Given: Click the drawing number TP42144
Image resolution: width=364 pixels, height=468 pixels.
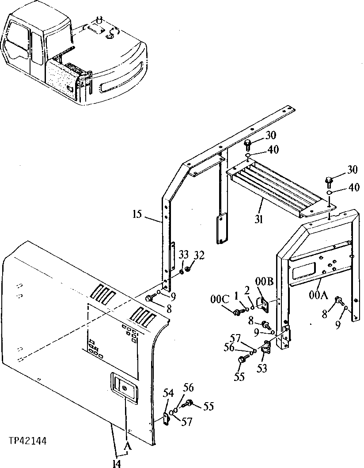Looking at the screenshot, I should pyautogui.click(x=27, y=441).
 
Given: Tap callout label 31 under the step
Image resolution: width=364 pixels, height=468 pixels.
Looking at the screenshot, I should pyautogui.click(x=258, y=219).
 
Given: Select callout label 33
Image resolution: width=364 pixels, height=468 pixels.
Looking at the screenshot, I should pyautogui.click(x=184, y=254).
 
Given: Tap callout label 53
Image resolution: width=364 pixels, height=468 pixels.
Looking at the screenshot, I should pyautogui.click(x=262, y=368).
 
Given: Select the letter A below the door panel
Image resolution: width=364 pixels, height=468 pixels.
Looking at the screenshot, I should pyautogui.click(x=128, y=447).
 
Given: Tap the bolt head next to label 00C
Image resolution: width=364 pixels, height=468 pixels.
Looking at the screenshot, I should pyautogui.click(x=238, y=312).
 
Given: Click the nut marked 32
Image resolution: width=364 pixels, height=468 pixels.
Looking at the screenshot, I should pyautogui.click(x=188, y=268).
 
